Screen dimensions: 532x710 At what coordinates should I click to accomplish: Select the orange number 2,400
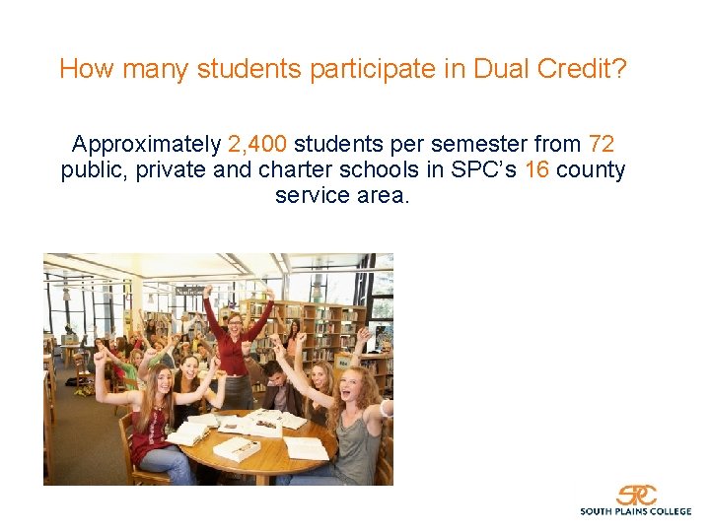coord(257,144)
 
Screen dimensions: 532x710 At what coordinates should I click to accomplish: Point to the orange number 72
coord(602,144)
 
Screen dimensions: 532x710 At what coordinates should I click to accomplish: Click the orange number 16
coord(536,169)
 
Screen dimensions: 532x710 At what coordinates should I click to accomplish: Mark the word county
coord(591,169)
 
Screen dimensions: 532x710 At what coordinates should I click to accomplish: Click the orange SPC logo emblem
coord(636,495)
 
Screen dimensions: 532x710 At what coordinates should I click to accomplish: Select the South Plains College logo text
coord(635,511)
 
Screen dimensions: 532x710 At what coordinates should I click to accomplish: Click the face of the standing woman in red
coord(234,322)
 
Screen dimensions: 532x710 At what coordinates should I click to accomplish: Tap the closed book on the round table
coord(237,448)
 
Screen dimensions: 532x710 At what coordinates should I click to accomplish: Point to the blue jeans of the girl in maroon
coord(168,464)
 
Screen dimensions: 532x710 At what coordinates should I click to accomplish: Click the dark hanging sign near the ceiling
coord(190,291)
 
